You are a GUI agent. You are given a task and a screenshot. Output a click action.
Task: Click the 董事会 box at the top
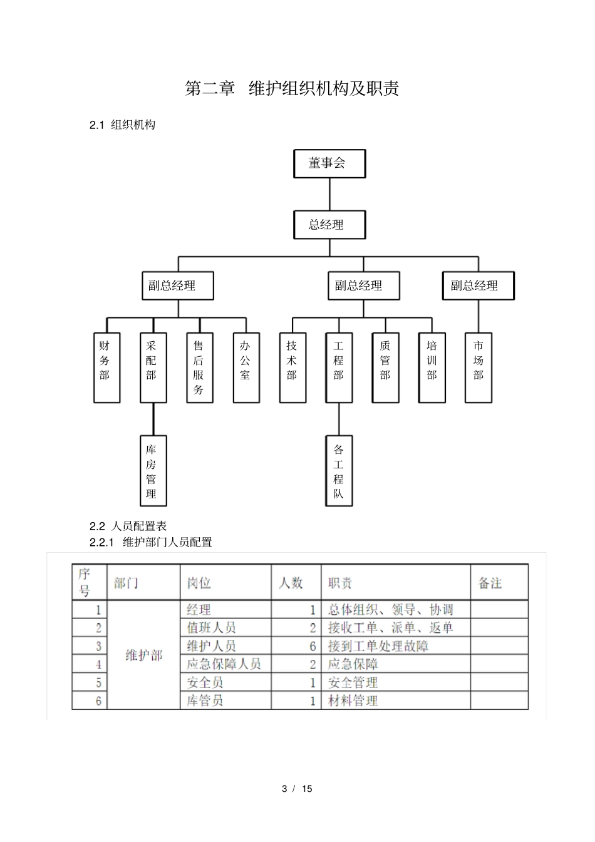tap(329, 163)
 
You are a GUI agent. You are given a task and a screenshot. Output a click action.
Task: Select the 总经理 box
tap(329, 225)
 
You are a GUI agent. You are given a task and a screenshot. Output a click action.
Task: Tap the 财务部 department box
tap(106, 367)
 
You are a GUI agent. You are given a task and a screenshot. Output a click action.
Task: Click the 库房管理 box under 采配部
tap(153, 471)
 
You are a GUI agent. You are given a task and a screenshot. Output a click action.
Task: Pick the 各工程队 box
tap(339, 471)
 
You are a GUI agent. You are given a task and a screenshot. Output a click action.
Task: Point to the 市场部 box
tap(479, 367)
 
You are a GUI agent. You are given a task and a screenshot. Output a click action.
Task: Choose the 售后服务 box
tap(199, 367)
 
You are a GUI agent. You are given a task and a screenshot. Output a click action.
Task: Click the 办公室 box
tap(246, 367)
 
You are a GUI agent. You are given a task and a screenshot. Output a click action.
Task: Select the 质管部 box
tap(385, 367)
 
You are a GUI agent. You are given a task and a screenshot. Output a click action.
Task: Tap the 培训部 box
tap(432, 367)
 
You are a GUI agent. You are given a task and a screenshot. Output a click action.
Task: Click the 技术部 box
tap(292, 367)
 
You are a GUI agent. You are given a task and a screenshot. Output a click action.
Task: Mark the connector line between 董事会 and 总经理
tap(329, 194)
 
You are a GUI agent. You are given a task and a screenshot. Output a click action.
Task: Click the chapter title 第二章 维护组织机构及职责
tap(292, 88)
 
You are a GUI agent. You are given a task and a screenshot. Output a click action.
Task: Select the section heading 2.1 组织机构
tap(122, 125)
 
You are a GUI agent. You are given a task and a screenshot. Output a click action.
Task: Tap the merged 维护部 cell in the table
tap(143, 655)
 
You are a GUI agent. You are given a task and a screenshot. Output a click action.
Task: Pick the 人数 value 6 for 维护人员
tap(313, 646)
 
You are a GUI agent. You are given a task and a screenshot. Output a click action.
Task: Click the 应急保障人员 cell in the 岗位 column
tap(224, 664)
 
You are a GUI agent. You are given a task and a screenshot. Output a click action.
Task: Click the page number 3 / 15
tap(297, 789)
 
